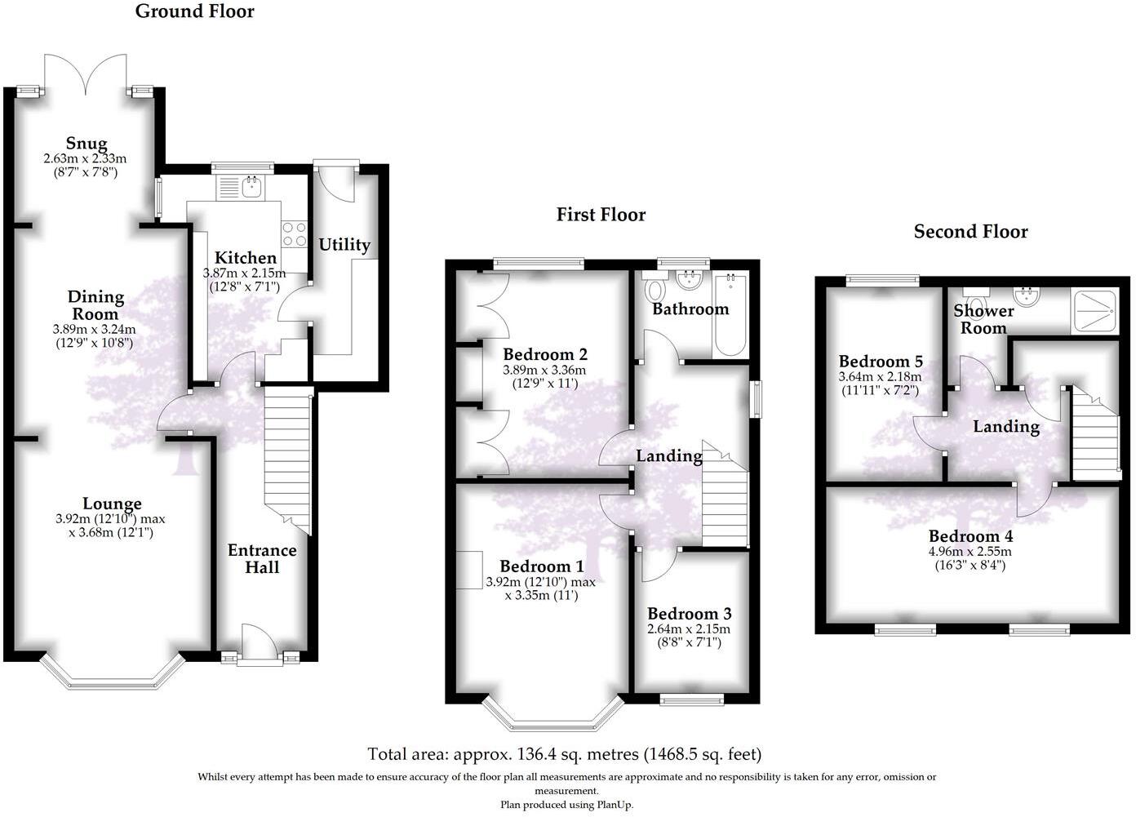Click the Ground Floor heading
[x=194, y=11]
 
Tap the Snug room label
[x=86, y=144]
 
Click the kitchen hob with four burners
[x=294, y=235]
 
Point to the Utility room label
[x=344, y=245]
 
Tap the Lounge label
[x=112, y=504]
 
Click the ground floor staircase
[x=287, y=457]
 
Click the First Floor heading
[x=601, y=215]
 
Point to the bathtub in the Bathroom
[x=730, y=315]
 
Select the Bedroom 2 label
[x=544, y=354]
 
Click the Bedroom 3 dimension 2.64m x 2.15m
[x=688, y=629]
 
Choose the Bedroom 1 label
[x=541, y=566]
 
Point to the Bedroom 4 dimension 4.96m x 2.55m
[x=970, y=551]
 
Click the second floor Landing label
[x=1005, y=426]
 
